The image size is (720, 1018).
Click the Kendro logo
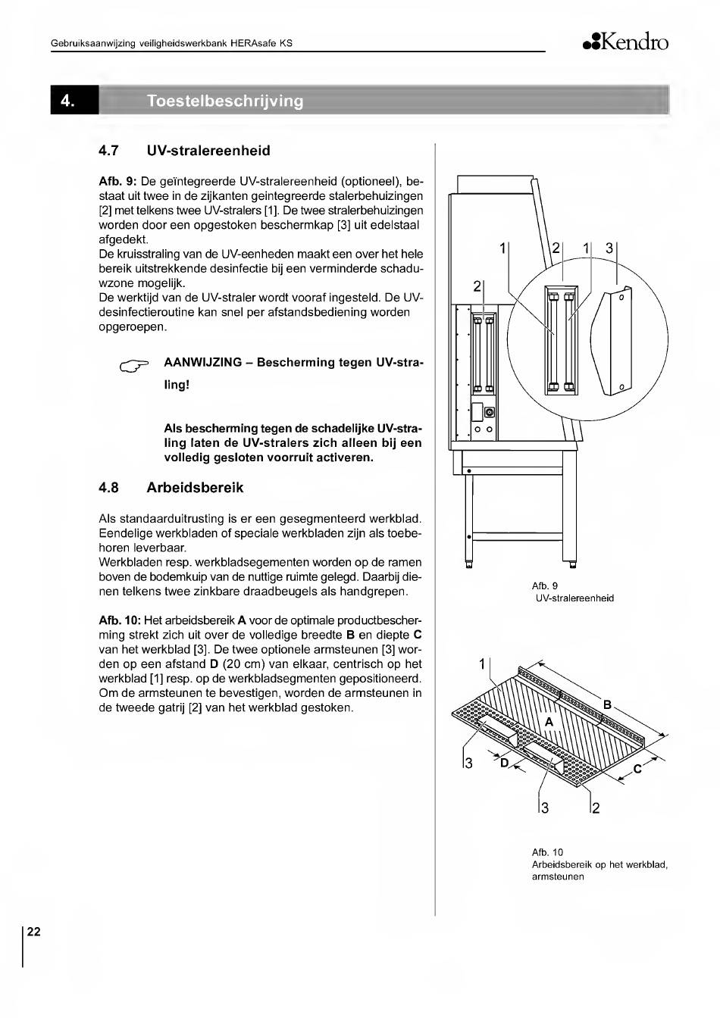coord(625,42)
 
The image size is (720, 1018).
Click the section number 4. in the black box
coord(67,101)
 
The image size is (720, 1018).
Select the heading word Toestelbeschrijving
coord(225,101)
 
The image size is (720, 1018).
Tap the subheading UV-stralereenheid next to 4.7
coord(208,151)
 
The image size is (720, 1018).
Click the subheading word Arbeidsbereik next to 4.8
coord(195,488)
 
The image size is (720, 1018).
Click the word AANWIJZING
coord(203,363)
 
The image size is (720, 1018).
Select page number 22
coord(33,932)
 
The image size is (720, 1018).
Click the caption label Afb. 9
coord(545,586)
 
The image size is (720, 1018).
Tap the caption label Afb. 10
coord(548,852)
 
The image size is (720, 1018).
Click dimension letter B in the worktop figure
coord(608,705)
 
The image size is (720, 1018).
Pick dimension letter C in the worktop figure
coord(637,769)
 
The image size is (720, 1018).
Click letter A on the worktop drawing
coord(549,722)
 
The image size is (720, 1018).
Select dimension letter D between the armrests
coord(505,763)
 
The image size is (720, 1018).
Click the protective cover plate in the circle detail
coord(610,341)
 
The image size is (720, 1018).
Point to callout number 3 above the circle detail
coord(609,248)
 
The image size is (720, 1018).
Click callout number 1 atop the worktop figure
coord(483,664)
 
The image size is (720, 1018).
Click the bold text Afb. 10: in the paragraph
coord(120,621)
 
